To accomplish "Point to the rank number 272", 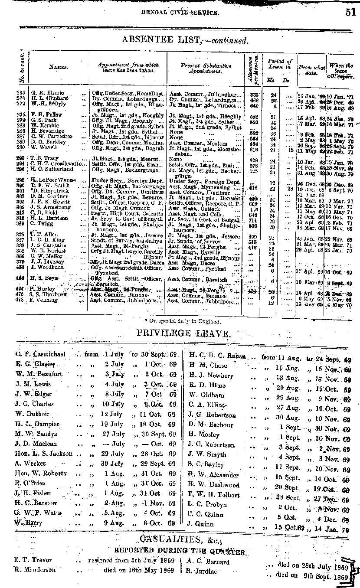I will (x=21, y=104).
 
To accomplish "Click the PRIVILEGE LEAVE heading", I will (x=183, y=333).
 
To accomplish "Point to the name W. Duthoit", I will (x=33, y=414).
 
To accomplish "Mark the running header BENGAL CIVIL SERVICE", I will (x=180, y=13).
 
